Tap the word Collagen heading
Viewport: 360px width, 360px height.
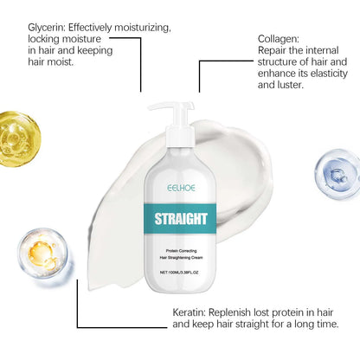279,40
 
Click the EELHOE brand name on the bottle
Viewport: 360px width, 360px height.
181,188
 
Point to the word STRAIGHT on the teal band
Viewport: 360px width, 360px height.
181,219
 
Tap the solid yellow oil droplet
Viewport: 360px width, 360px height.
19,139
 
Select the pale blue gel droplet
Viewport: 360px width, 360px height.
337,174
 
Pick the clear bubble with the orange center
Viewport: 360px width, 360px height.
43,253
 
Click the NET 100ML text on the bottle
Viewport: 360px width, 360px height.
179,273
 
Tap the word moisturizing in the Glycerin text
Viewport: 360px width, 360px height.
143,28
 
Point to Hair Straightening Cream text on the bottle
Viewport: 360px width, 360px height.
181,257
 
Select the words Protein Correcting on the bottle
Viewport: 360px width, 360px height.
181,251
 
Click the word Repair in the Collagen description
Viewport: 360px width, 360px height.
272,51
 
